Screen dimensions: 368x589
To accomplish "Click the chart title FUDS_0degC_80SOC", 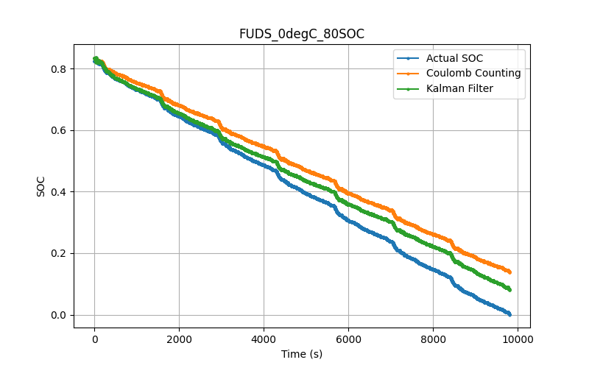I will point(301,34).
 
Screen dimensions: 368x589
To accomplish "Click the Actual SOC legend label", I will point(454,58).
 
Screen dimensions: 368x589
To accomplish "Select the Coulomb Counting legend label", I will point(473,74).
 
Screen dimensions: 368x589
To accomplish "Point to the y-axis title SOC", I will point(41,186).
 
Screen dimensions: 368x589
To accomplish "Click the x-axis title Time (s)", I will point(301,354).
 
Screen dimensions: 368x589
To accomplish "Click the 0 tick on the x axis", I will point(94,339).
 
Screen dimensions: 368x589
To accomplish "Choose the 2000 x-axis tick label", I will point(179,339).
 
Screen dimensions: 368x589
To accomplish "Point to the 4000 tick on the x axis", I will point(264,339).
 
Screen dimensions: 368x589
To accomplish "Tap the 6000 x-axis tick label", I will point(348,339).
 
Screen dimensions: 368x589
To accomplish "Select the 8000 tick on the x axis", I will point(433,339).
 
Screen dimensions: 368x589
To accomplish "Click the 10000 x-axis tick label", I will point(518,339).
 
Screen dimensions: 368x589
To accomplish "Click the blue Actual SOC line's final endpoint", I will point(509,314).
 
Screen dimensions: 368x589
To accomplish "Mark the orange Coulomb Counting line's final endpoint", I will point(509,272).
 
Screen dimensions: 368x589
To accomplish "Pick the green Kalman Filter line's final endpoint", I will point(509,289).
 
